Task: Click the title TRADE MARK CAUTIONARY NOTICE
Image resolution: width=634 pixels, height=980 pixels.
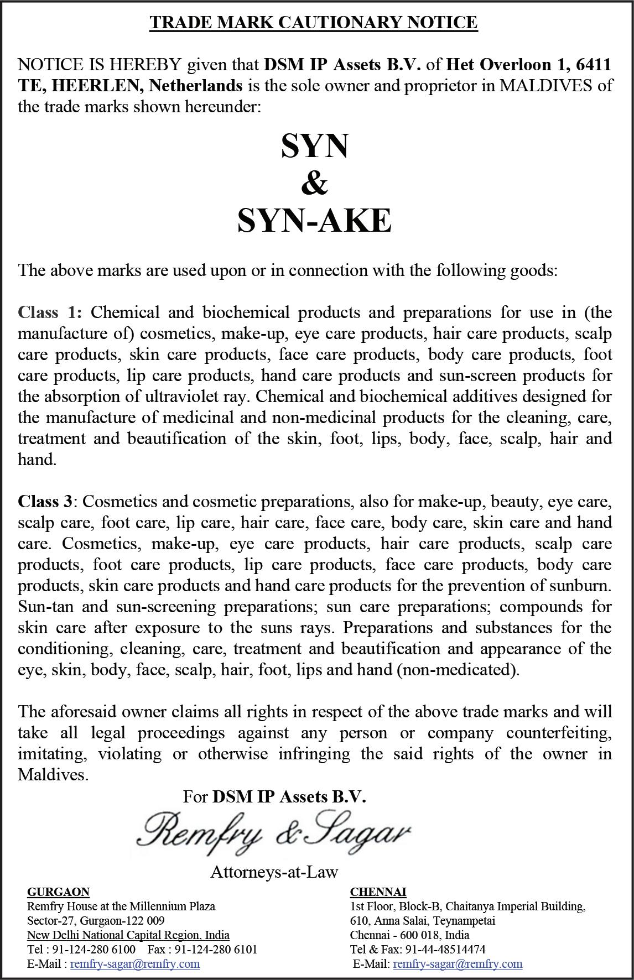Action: [314, 23]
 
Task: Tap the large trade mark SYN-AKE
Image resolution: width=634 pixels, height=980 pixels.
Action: [314, 221]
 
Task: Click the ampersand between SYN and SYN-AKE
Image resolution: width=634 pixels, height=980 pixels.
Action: [314, 184]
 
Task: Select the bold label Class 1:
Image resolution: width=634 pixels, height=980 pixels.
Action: [50, 312]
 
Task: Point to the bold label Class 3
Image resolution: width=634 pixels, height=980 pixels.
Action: [45, 502]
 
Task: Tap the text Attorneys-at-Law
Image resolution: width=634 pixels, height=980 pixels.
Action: [274, 872]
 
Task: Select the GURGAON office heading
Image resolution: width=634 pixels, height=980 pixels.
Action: [58, 892]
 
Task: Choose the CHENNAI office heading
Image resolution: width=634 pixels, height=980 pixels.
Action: [378, 892]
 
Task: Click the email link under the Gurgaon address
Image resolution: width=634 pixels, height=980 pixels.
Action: [135, 963]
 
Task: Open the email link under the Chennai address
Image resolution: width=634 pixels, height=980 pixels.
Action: [458, 963]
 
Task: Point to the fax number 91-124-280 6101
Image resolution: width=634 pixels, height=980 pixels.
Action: [216, 949]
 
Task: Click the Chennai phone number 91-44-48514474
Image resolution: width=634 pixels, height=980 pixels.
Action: [445, 949]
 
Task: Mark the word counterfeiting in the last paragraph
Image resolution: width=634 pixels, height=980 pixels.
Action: [559, 733]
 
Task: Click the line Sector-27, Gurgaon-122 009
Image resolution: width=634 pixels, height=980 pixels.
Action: [96, 920]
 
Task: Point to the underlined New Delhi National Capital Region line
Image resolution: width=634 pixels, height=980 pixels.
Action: [128, 935]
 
